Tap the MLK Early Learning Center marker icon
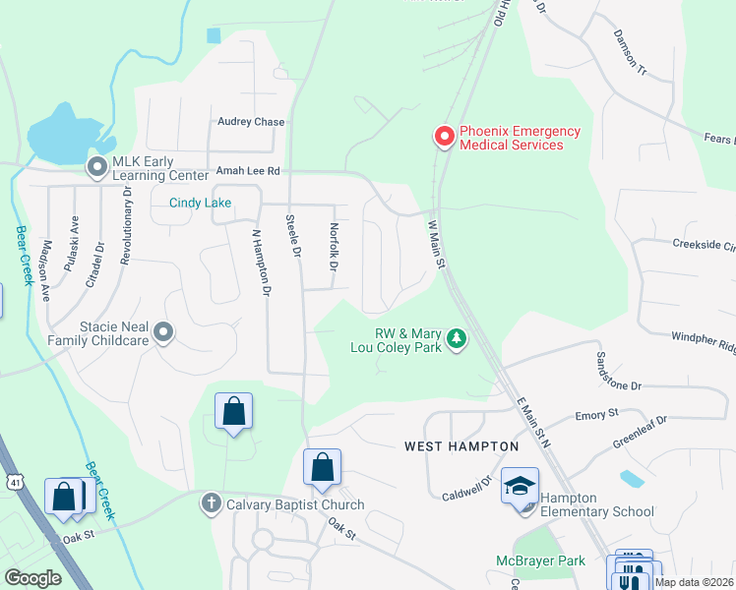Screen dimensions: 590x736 tap(97, 168)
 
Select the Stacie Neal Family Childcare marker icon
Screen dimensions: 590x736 tap(163, 333)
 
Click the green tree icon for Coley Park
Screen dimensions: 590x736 tap(456, 339)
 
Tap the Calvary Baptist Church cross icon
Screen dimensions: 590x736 tap(210, 503)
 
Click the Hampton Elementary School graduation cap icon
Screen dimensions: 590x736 tap(520, 486)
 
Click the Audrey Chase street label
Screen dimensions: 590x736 tap(251, 122)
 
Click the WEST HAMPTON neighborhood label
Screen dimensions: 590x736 tap(461, 446)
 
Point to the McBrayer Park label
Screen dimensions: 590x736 tap(539, 560)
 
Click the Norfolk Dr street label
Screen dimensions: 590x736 tap(333, 248)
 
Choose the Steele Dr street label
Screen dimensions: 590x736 tap(291, 236)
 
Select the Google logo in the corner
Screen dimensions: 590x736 tap(32, 578)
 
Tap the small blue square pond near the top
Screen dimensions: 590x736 tap(214, 35)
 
